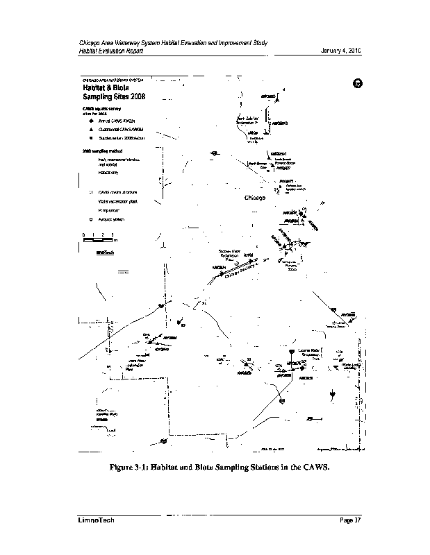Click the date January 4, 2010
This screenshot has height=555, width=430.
click(x=340, y=51)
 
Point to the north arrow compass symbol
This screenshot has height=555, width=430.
click(x=356, y=83)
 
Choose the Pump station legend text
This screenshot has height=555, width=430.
click(x=110, y=209)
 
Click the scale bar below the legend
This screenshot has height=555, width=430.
click(x=98, y=240)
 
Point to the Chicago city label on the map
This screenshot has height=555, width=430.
click(x=256, y=198)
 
